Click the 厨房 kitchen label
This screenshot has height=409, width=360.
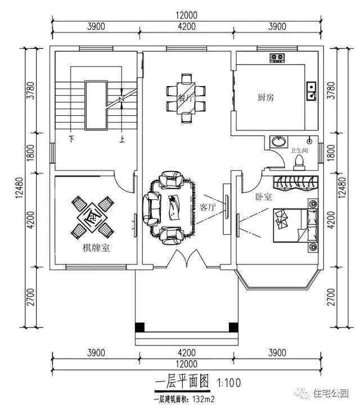[265, 97]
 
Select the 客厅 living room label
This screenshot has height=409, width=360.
[208, 207]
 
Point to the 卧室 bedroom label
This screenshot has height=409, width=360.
[264, 197]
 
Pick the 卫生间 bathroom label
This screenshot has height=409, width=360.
[299, 151]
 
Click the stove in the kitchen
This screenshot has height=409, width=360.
[276, 56]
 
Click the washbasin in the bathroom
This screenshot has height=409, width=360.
[277, 141]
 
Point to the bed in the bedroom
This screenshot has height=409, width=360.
[291, 224]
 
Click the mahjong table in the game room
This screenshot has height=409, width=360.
[90, 215]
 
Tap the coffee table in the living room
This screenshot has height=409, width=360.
[174, 206]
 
